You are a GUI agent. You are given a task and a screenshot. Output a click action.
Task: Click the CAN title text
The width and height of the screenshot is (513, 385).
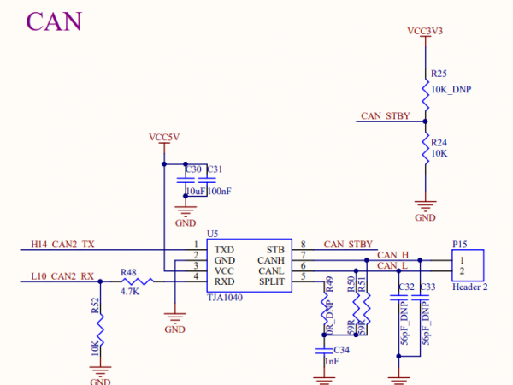click(54, 21)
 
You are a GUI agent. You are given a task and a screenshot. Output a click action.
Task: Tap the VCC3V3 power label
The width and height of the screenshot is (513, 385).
click(425, 31)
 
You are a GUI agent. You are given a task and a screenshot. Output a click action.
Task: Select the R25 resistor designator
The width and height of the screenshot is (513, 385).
click(439, 74)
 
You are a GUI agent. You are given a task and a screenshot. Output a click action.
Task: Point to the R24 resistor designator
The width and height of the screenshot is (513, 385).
click(439, 142)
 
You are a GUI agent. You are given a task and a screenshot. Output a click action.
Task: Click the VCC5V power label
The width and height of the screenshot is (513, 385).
click(164, 137)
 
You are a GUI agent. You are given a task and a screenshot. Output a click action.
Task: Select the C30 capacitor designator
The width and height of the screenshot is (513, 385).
click(193, 169)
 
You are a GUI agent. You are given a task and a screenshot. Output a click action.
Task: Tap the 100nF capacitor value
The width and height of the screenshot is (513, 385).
click(219, 191)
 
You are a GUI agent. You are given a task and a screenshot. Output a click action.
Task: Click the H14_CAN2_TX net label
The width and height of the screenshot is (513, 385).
click(63, 244)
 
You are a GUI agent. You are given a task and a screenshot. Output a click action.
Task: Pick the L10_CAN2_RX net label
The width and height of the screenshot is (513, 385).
click(62, 275)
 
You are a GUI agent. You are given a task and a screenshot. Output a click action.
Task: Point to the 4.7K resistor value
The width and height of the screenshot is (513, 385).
click(129, 292)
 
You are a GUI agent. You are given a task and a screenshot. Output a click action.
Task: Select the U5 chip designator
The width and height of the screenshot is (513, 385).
click(212, 233)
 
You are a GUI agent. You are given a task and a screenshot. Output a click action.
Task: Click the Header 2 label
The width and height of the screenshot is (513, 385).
click(469, 287)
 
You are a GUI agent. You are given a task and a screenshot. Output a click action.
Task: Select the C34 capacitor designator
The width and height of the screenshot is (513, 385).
click(340, 350)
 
